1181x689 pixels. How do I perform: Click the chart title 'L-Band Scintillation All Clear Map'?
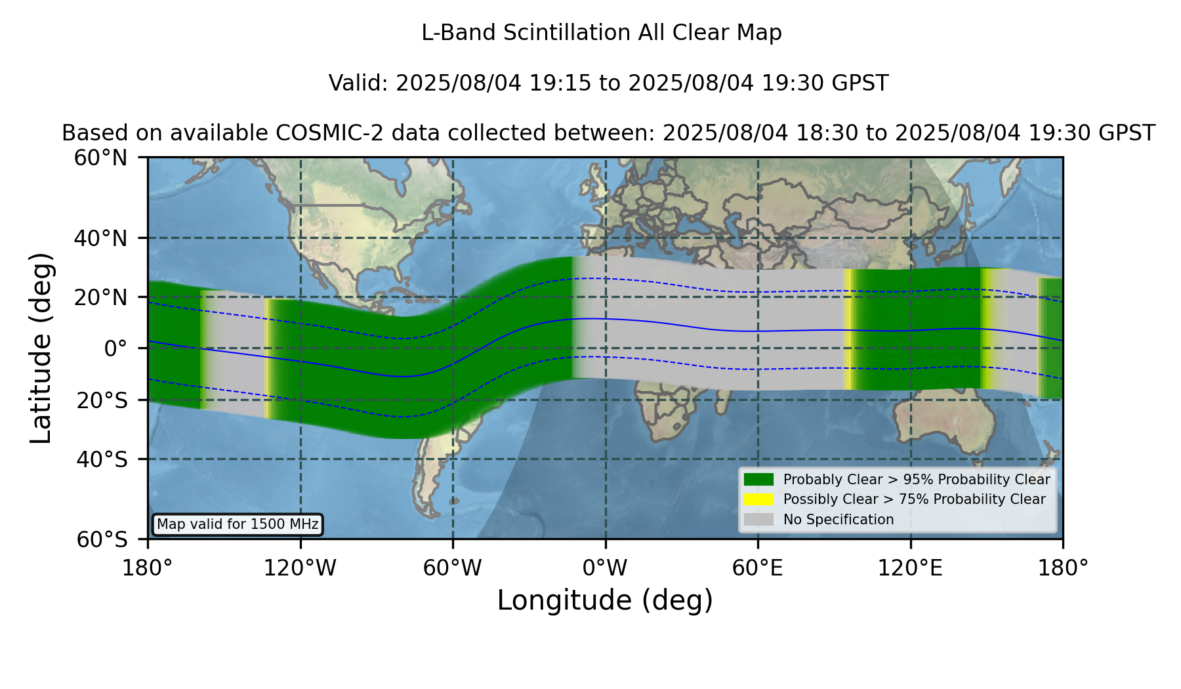[601, 33]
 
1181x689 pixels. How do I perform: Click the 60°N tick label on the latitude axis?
[100, 158]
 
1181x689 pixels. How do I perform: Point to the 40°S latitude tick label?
[102, 459]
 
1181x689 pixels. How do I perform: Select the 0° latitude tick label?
[115, 348]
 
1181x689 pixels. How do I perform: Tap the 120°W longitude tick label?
[300, 568]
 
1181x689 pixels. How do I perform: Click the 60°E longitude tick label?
[758, 568]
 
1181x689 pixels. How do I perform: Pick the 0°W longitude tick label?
[605, 568]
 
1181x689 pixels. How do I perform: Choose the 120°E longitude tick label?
[910, 568]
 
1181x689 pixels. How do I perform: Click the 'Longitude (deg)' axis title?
[605, 600]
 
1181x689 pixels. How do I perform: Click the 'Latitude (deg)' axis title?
[41, 348]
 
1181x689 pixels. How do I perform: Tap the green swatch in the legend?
[759, 480]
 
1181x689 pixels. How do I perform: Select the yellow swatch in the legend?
[759, 499]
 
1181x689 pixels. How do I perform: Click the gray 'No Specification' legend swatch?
[759, 520]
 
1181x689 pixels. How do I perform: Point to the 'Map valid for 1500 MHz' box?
[238, 524]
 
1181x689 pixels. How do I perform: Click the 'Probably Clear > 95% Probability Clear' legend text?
[917, 480]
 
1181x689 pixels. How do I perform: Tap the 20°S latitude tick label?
[102, 400]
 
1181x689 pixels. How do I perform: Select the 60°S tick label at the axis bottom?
[102, 539]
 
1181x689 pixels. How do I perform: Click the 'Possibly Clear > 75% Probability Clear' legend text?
[914, 499]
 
